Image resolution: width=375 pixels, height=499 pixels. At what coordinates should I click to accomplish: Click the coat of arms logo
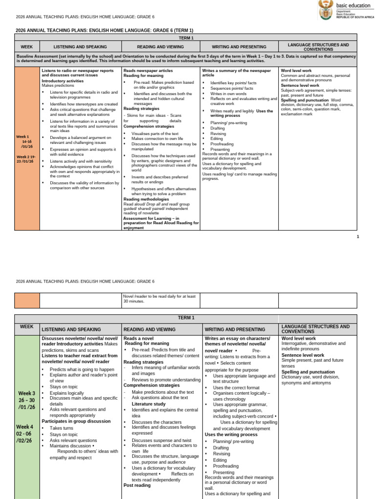pyautogui.click(x=324, y=9)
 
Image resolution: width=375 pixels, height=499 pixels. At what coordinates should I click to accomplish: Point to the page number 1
pyautogui.click(x=357, y=237)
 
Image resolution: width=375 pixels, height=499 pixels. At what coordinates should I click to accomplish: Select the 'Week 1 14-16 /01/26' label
pyautogui.click(x=25, y=141)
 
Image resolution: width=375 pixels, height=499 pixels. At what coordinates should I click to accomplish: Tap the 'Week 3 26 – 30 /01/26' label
pyautogui.click(x=27, y=400)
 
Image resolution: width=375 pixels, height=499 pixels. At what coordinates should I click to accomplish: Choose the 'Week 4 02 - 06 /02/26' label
pyautogui.click(x=26, y=433)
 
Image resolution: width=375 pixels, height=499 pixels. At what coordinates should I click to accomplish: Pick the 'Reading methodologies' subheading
pyautogui.click(x=145, y=199)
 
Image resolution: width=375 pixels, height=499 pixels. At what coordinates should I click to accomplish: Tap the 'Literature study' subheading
pyautogui.click(x=148, y=403)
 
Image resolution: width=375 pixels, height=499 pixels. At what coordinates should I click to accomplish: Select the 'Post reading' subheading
pyautogui.click(x=137, y=485)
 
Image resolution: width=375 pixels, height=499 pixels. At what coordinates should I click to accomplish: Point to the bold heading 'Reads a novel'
pyautogui.click(x=139, y=338)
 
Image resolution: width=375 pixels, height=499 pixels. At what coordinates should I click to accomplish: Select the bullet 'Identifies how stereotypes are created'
pyautogui.click(x=83, y=104)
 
